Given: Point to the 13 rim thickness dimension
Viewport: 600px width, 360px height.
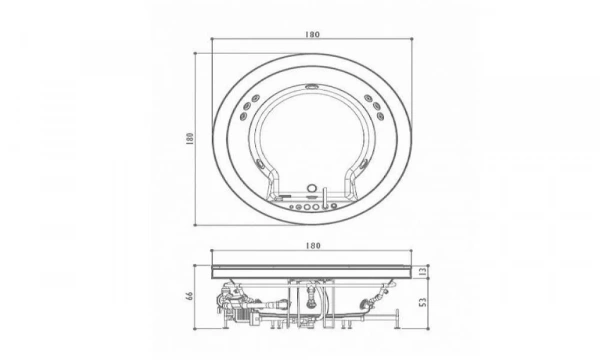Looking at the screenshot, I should (x=424, y=270).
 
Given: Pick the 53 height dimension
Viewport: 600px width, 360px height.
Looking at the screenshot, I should (x=424, y=301).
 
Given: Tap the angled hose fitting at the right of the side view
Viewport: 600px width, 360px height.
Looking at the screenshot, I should (x=379, y=295).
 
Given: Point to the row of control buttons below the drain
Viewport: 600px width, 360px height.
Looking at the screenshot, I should (x=311, y=209).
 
